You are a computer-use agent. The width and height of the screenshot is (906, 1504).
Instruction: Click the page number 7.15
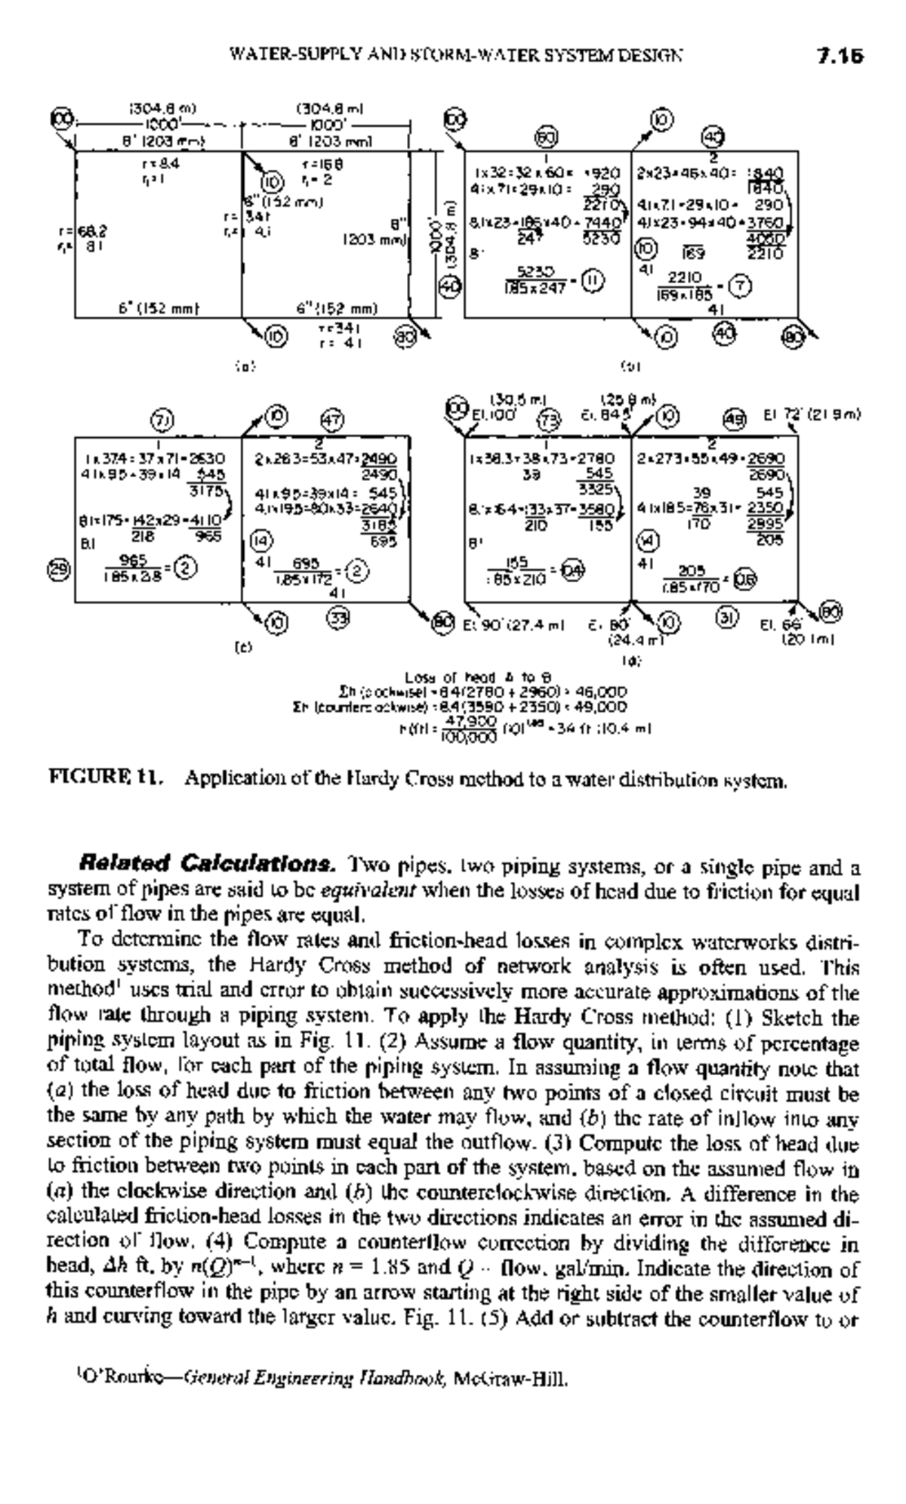pos(840,56)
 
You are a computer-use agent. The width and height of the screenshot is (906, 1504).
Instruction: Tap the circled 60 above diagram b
pos(546,137)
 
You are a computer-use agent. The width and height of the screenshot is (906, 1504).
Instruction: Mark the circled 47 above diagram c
pos(332,419)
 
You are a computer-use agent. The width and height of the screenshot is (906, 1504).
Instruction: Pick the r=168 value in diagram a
pos(314,164)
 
